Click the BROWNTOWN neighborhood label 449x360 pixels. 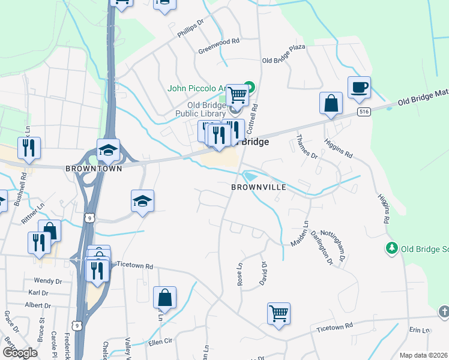point(94,169)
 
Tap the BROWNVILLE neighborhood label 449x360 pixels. point(258,187)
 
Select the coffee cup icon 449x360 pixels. point(359,88)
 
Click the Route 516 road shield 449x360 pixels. point(362,112)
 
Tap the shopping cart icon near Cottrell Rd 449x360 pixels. point(238,94)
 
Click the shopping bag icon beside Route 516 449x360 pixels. point(331,103)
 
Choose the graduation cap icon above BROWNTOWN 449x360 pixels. point(108,150)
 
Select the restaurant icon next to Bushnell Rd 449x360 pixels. point(29,148)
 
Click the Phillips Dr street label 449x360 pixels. point(191,28)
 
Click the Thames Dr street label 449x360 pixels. point(306,147)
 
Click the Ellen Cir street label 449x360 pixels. point(160,341)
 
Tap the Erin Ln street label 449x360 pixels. point(420,331)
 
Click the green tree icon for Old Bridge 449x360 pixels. point(391,248)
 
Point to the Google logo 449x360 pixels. point(20,353)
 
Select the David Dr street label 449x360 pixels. point(262,273)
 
